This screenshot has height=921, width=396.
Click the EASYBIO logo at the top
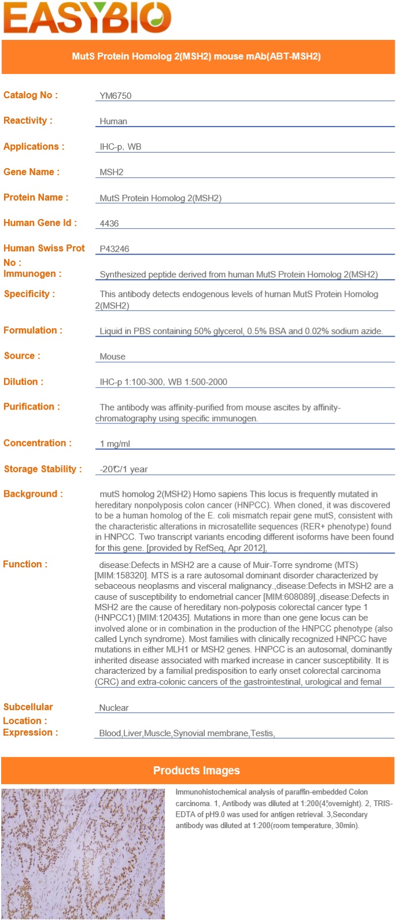87,17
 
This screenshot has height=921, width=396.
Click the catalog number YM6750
116,96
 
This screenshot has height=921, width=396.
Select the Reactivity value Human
113,121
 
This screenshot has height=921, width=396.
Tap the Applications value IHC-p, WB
120,147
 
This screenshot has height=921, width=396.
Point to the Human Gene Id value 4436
109,224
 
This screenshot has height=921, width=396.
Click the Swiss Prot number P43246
114,249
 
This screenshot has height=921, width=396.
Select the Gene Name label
31,172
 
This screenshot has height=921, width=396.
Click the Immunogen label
32,274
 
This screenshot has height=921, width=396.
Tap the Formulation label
33,330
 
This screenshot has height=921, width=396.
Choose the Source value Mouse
112,356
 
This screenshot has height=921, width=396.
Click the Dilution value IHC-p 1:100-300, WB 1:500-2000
163,382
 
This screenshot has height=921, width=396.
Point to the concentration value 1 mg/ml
115,444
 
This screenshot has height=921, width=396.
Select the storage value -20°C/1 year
124,469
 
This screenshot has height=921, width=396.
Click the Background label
33,494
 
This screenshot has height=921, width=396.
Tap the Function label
25,565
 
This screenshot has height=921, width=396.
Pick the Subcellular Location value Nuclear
114,708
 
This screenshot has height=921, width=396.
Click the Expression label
31,733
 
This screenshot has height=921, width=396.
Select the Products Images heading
197,771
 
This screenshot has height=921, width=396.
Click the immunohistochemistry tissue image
83,853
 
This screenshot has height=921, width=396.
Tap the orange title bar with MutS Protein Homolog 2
197,57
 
